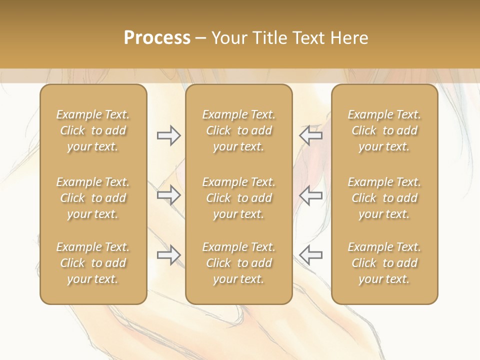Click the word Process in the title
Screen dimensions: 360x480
[157, 37]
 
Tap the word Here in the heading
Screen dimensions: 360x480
[349, 37]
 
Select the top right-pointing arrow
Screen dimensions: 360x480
[168, 135]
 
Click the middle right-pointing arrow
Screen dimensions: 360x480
[168, 195]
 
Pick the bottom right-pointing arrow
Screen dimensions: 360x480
[168, 255]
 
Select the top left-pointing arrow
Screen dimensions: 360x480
[311, 135]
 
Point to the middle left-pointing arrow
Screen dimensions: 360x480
[311, 195]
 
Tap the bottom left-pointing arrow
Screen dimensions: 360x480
[311, 255]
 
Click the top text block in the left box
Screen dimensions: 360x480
[93, 130]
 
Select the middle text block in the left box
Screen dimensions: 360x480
[93, 198]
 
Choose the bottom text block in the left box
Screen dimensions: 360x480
[93, 263]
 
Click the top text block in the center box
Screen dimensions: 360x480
[239, 130]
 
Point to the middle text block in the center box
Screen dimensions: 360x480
[239, 198]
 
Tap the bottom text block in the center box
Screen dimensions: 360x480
[239, 263]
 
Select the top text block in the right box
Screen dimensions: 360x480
[384, 130]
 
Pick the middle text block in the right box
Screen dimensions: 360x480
[384, 198]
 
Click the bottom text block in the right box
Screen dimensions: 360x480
[384, 263]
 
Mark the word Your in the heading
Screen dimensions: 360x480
[229, 37]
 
